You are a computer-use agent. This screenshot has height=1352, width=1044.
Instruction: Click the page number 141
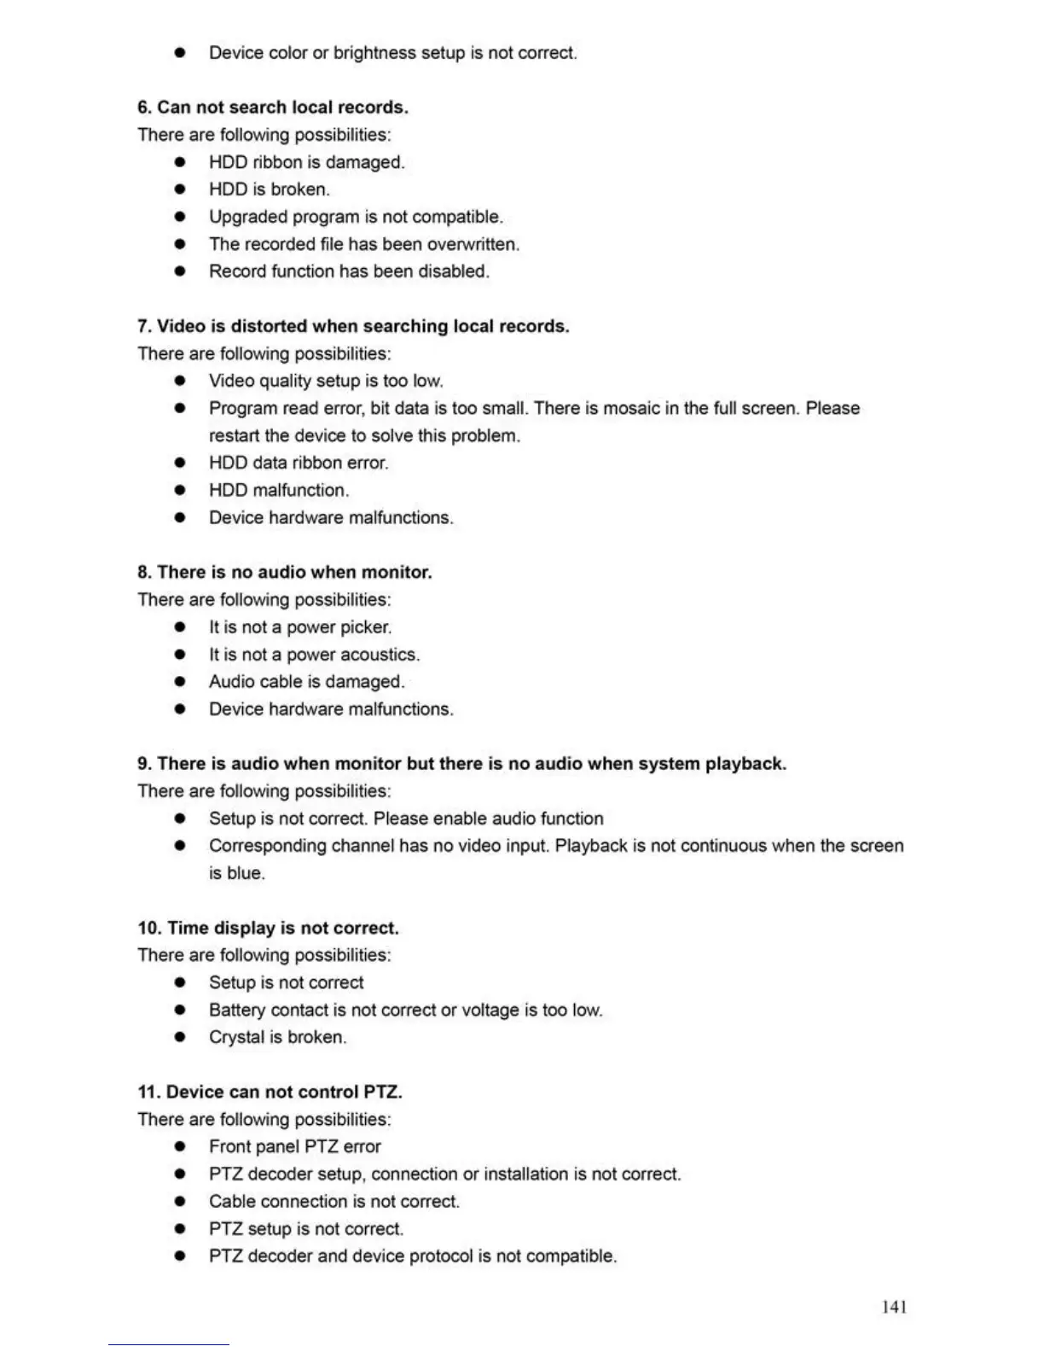(894, 1307)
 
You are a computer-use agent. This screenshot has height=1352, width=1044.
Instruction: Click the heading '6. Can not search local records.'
(273, 108)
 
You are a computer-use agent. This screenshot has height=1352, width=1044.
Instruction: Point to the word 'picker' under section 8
(364, 627)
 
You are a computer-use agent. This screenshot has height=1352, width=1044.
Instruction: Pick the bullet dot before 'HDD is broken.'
(180, 189)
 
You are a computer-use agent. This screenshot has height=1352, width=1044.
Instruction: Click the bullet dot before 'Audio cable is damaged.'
(180, 682)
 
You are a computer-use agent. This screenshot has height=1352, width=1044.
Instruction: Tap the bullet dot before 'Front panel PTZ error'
(180, 1146)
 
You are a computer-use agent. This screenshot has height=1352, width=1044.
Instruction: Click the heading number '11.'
(149, 1092)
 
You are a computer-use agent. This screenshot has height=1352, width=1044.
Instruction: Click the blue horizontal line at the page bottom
(168, 1344)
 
